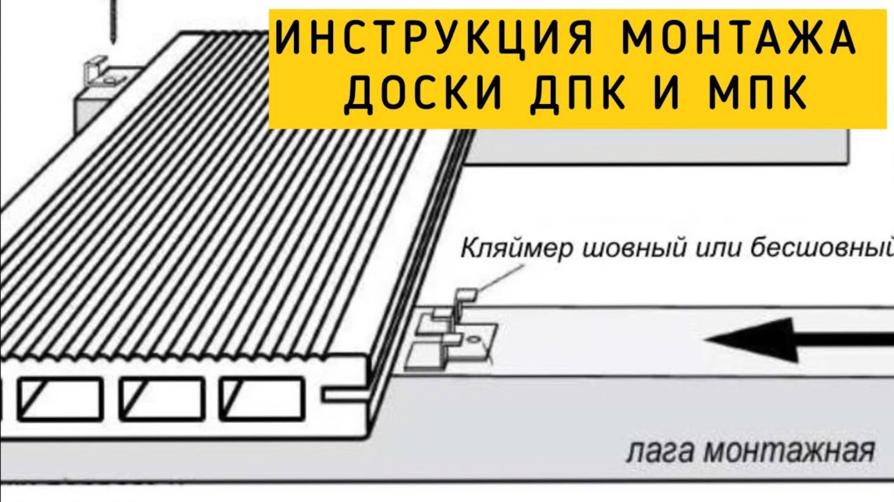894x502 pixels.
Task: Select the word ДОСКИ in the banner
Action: (424, 96)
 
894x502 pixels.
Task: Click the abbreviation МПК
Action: (755, 96)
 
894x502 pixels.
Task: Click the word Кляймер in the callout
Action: (517, 249)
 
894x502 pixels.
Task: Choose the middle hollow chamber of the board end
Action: (162, 400)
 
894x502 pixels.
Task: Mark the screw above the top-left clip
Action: (113, 21)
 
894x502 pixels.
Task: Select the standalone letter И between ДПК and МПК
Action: (674, 96)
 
